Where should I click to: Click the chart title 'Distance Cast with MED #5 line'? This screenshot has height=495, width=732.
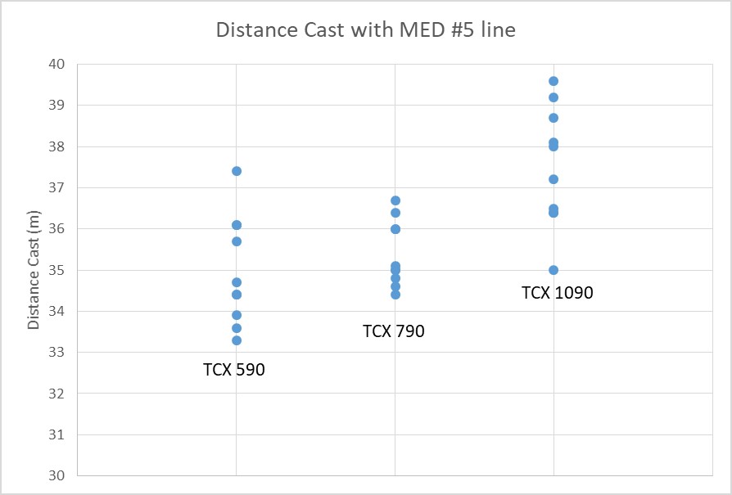click(x=365, y=30)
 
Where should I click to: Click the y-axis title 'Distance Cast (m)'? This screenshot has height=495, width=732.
click(x=34, y=269)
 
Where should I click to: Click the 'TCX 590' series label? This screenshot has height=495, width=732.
click(x=234, y=370)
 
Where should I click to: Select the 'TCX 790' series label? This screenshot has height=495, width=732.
click(x=394, y=331)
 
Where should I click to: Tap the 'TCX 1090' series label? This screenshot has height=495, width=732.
click(x=557, y=293)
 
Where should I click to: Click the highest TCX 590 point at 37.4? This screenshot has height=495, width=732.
click(x=237, y=171)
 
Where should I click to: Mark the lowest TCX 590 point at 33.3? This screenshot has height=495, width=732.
click(x=237, y=340)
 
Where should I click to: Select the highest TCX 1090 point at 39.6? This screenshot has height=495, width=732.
click(x=554, y=81)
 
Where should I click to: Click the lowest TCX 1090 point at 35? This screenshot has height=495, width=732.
click(x=554, y=270)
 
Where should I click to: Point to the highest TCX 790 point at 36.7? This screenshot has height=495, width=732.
click(x=395, y=200)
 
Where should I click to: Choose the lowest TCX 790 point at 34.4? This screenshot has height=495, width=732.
click(x=395, y=295)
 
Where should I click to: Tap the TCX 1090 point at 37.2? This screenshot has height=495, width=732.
click(x=554, y=179)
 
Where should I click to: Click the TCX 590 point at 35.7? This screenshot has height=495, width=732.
click(x=237, y=241)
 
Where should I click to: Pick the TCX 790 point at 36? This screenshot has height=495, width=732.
click(x=395, y=229)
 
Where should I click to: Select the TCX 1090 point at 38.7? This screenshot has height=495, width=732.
click(x=554, y=118)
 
